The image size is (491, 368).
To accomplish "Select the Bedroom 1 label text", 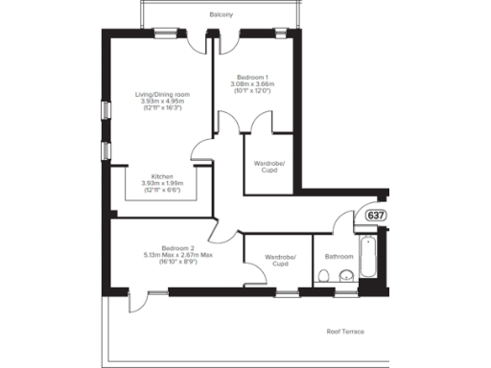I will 252,78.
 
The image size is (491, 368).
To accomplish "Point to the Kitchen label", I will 161,176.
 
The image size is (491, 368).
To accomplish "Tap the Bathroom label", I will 339,256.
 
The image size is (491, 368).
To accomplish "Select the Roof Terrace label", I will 345,332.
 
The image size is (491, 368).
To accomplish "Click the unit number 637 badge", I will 376,216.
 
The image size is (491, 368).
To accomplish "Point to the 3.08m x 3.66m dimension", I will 252,85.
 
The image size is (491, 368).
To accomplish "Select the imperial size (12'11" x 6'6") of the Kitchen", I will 161,191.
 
